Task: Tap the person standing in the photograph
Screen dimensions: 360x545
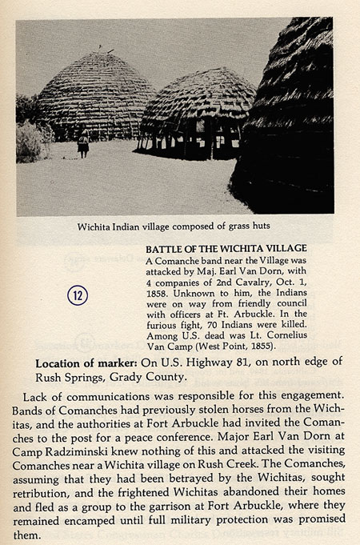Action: tap(83, 143)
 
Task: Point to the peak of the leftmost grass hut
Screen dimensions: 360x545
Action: tap(98, 54)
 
